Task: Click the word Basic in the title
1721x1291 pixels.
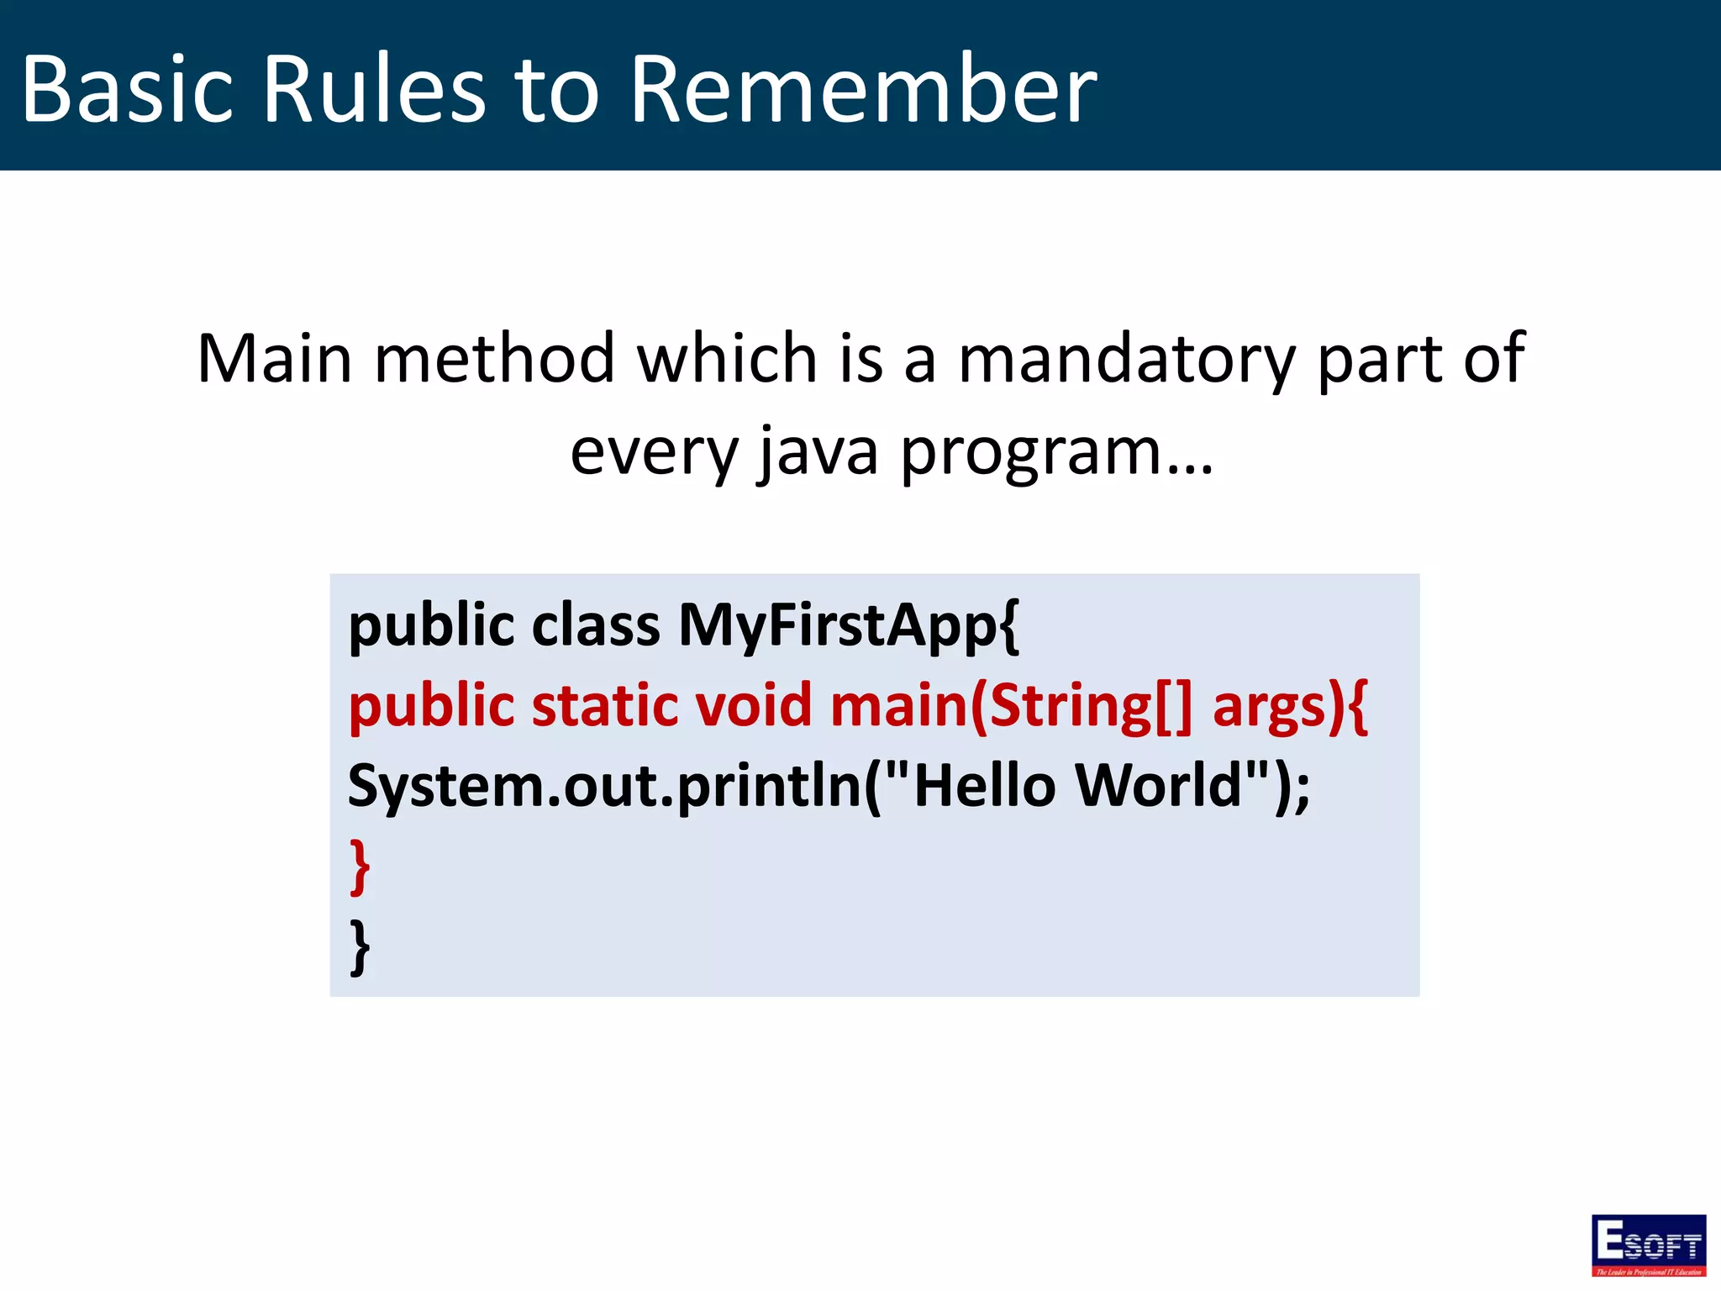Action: tap(126, 89)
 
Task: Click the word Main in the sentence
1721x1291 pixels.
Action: tap(274, 360)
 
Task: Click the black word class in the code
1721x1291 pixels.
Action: tap(596, 627)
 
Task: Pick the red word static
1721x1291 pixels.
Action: tap(604, 706)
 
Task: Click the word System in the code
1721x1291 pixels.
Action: tap(445, 787)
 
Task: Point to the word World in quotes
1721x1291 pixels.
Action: tap(1159, 785)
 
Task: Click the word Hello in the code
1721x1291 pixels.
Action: tap(983, 785)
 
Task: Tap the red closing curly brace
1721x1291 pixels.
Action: tap(360, 866)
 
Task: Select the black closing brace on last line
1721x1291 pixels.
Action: tap(360, 946)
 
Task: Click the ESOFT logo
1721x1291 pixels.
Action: tap(1648, 1245)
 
